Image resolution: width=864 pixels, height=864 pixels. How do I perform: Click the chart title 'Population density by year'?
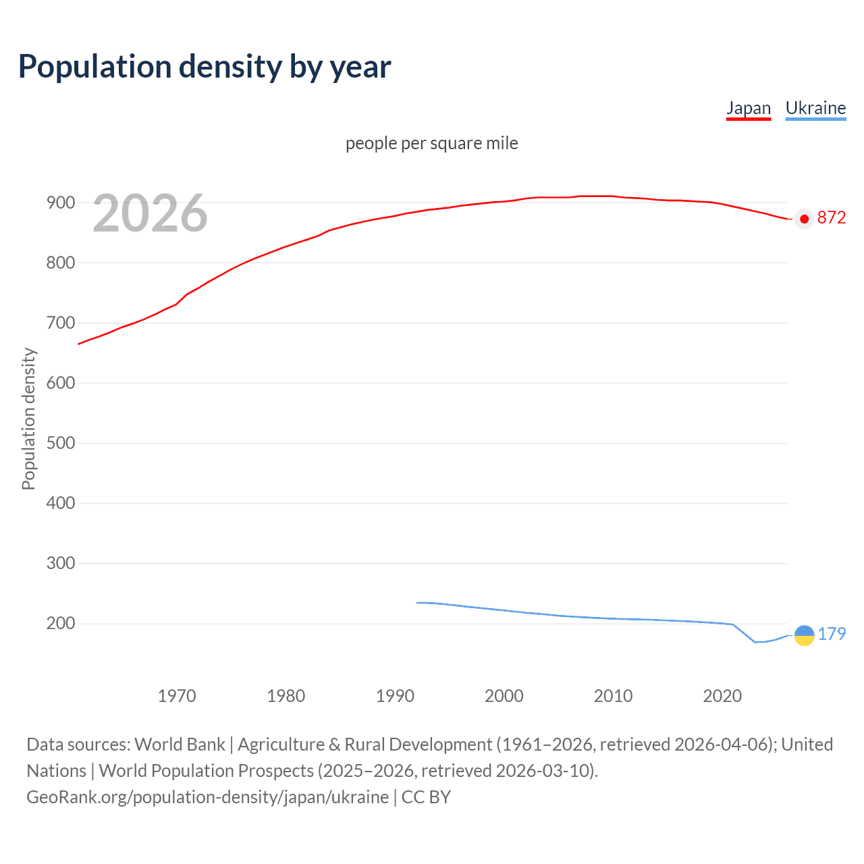click(205, 67)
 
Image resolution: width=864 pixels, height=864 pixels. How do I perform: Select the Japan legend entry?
click(748, 108)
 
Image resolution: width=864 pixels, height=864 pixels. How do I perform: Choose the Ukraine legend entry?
click(815, 108)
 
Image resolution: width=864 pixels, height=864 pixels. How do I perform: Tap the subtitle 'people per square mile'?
click(431, 143)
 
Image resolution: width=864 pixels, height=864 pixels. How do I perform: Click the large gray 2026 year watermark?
click(150, 213)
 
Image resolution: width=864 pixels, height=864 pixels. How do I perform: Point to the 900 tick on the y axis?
click(60, 202)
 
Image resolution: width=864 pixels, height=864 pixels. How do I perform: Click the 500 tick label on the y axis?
click(60, 443)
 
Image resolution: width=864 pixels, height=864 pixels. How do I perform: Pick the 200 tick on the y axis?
click(60, 623)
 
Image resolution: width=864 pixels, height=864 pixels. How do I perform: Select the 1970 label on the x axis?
click(177, 696)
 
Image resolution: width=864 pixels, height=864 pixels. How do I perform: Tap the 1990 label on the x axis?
click(395, 696)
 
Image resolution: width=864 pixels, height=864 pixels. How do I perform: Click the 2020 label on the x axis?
click(722, 696)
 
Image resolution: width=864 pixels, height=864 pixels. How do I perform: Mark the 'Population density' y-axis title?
click(28, 418)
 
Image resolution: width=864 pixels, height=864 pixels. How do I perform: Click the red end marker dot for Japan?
click(804, 219)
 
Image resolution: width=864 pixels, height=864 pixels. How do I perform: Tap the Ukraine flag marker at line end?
click(804, 635)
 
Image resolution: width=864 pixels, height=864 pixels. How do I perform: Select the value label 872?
click(831, 217)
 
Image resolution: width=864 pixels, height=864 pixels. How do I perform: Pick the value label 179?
click(832, 634)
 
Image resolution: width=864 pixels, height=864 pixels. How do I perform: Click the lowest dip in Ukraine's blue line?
click(756, 642)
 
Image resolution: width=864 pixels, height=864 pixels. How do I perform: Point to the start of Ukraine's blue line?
click(417, 603)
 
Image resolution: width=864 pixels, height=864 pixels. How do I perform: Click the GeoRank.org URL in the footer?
click(207, 797)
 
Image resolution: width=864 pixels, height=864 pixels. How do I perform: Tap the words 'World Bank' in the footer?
click(180, 745)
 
